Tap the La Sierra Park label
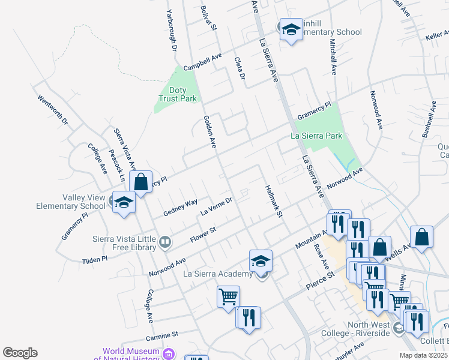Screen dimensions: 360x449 316,136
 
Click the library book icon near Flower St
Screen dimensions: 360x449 165,242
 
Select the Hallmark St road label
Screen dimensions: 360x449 274,201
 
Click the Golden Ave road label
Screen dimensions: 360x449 209,131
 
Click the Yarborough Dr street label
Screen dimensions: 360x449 172,30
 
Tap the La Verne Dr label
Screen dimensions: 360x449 216,206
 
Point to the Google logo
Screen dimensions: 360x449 20,353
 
